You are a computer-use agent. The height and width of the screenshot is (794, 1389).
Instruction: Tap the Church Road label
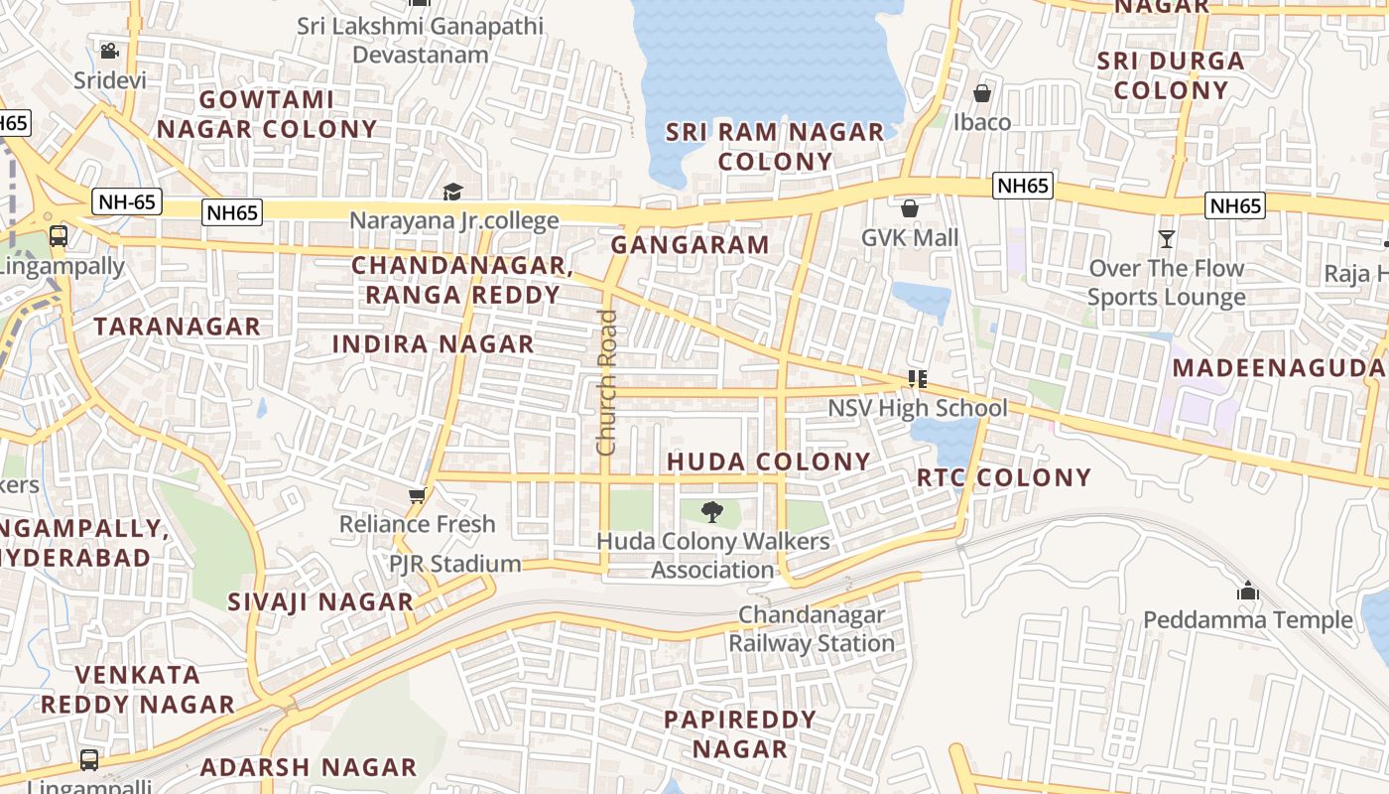point(606,383)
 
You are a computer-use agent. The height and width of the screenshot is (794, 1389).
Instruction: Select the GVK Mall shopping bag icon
point(909,208)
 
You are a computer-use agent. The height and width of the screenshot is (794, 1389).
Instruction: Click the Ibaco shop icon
point(981,93)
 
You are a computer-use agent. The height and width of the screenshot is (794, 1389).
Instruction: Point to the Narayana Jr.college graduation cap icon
point(452,192)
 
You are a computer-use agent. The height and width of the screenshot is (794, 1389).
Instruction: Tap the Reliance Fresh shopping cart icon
point(418,495)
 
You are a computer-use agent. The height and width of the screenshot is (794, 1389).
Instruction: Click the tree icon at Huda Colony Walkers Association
point(711,512)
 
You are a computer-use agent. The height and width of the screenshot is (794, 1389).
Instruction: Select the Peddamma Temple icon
point(1247,592)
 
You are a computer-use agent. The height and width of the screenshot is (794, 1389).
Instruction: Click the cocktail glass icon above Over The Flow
point(1166,239)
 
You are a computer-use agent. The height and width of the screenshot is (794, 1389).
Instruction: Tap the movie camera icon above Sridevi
point(109,51)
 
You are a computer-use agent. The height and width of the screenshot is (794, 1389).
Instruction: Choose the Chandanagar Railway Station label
point(812,629)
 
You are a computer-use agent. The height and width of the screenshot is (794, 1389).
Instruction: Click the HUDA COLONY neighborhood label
point(768,462)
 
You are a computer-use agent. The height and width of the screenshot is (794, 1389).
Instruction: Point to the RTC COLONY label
point(1003,477)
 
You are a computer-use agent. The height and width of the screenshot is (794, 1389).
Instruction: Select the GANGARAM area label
point(690,245)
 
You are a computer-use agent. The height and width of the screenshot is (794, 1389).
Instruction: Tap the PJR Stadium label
point(454,564)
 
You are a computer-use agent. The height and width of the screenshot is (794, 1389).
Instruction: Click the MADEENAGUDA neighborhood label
point(1279,368)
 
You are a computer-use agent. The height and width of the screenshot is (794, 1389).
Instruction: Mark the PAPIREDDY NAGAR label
point(740,733)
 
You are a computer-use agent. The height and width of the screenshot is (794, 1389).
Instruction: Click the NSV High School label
point(917,408)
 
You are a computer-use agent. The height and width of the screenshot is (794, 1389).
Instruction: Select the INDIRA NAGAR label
point(433,344)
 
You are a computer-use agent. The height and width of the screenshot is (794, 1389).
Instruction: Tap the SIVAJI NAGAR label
point(320,601)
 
